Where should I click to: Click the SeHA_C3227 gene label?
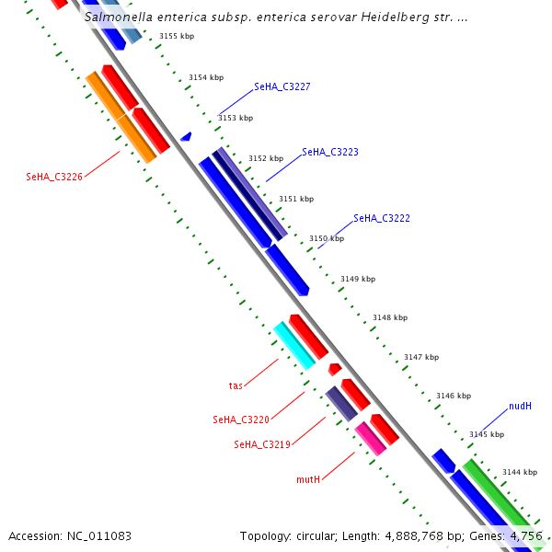coord(282,86)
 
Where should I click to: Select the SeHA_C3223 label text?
coord(330,152)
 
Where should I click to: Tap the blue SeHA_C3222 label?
coord(382,218)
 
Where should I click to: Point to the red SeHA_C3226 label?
coord(54,177)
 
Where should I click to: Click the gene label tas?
coord(236,385)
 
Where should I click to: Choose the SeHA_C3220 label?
coord(241,420)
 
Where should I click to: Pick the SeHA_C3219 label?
coord(262,444)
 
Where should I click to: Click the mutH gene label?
coord(308,479)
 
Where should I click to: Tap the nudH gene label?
coord(520,406)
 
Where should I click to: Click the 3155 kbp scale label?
coord(176,36)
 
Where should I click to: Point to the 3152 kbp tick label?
coord(266,158)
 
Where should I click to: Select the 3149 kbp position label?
coord(358,278)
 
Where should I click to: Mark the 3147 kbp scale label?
coord(421,357)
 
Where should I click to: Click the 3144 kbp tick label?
coord(519,472)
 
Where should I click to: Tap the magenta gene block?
coord(371,439)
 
